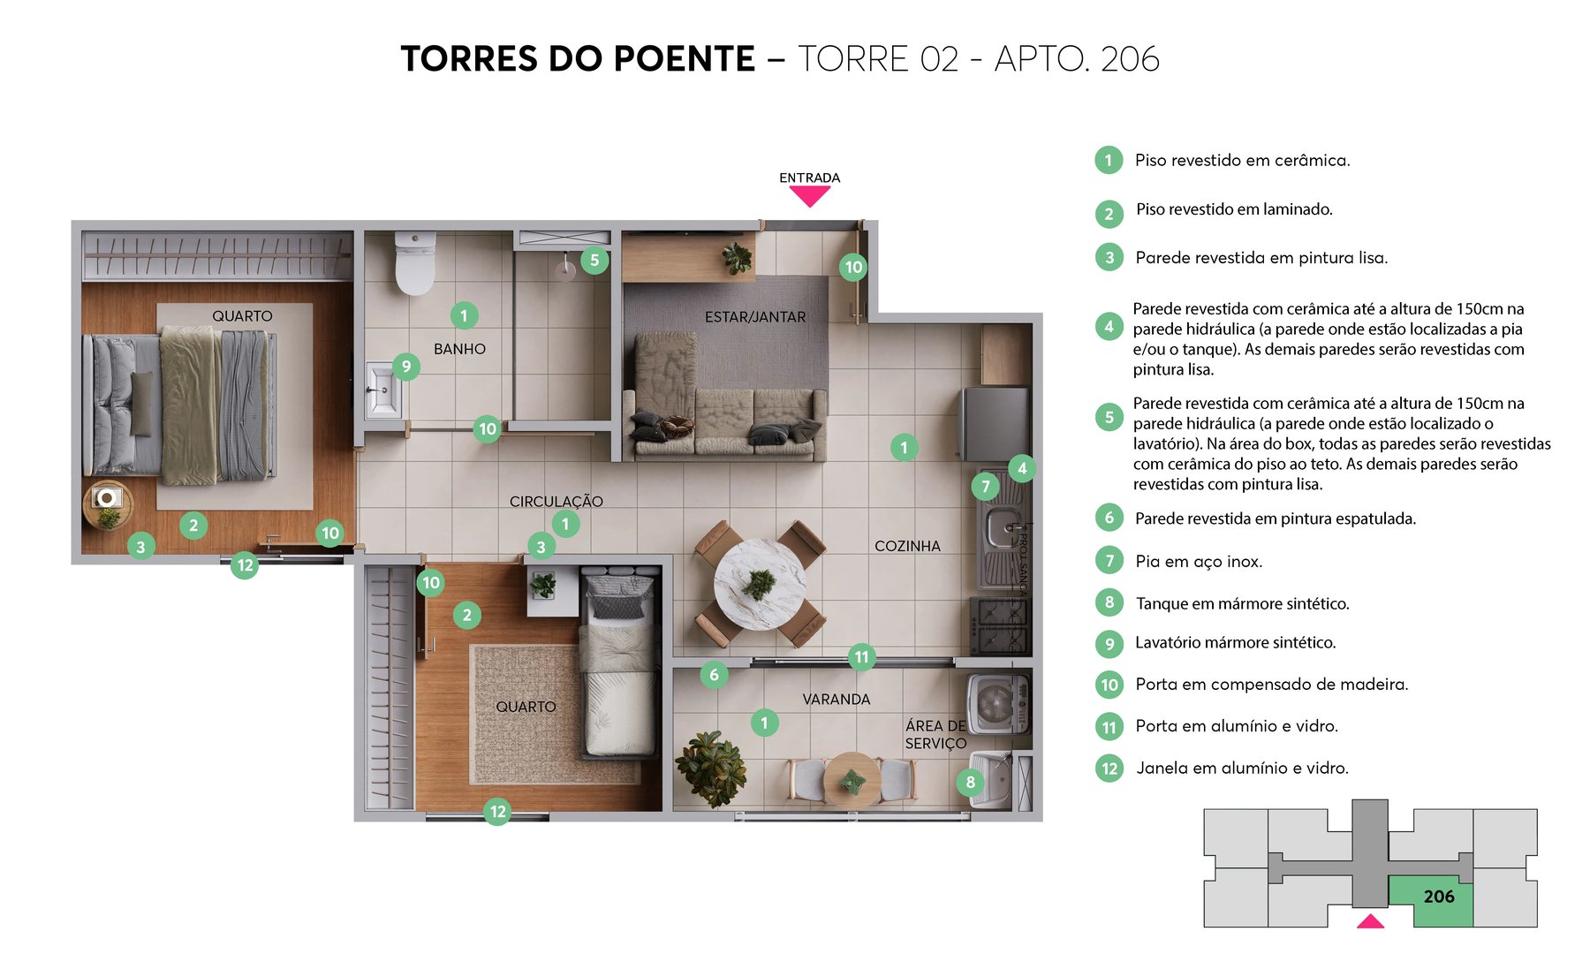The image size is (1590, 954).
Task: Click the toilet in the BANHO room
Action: [x=414, y=262]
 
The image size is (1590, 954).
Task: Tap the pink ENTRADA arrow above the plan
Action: [x=809, y=196]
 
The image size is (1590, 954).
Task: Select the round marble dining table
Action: [x=758, y=584]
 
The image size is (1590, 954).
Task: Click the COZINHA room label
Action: [x=907, y=546]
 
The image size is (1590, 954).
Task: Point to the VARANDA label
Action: [x=836, y=699]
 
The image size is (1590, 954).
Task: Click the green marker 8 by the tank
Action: [x=970, y=781]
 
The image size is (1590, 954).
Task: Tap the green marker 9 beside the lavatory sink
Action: [x=405, y=366]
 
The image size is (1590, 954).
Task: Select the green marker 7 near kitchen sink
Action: [x=986, y=485]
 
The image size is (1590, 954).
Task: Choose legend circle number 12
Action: [x=1109, y=768]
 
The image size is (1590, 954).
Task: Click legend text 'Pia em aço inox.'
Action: [x=1199, y=561]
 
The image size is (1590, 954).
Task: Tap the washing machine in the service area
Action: [x=998, y=704]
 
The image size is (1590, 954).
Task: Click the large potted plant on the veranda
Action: [x=711, y=767]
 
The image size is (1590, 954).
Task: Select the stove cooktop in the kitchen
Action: [x=1000, y=625]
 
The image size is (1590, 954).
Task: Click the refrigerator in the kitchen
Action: [x=995, y=423]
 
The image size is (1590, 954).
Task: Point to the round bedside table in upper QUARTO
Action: [x=108, y=505]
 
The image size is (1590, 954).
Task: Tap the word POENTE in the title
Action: [x=684, y=59]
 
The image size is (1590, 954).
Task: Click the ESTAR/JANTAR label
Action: [x=754, y=316]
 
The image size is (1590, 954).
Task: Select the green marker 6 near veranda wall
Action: [x=714, y=676]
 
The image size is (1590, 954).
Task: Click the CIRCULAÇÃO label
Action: [x=556, y=501]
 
